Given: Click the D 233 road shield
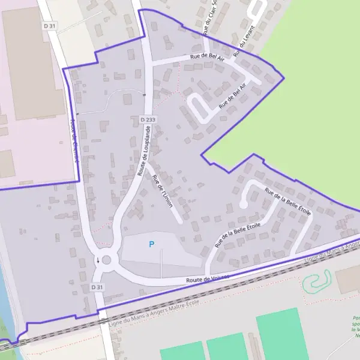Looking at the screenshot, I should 148,120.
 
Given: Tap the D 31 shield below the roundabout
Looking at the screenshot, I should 97,287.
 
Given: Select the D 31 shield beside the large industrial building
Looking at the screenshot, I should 49,26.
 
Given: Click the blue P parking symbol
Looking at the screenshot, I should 151,244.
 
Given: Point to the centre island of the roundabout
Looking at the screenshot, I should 107,260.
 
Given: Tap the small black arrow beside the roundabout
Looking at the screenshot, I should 98,260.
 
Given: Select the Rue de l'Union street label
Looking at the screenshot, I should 163,191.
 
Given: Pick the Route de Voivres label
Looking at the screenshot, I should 208,279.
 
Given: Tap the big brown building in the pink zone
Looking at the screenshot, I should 33,63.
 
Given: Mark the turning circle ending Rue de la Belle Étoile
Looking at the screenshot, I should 243,205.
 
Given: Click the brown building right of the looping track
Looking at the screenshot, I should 347,279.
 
